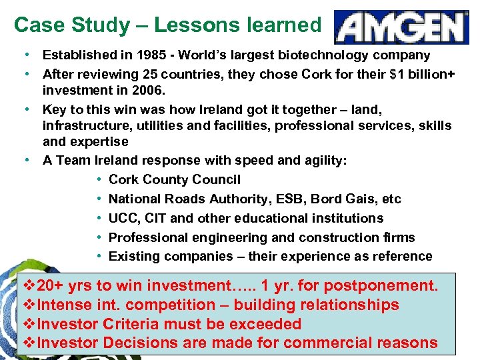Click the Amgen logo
pos(401,27)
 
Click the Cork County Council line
pos(174,180)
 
